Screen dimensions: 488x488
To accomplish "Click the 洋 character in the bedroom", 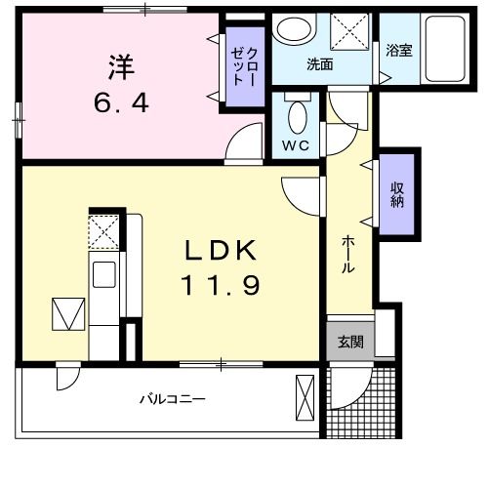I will (x=120, y=68).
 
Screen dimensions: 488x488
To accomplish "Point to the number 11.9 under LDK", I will (x=221, y=286).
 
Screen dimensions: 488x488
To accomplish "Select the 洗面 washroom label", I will (x=320, y=65).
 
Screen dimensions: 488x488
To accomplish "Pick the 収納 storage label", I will (x=398, y=194).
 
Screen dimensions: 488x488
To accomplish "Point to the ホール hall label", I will (x=347, y=256).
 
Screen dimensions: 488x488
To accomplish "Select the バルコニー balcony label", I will (x=171, y=399).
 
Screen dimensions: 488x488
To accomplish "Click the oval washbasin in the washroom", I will (x=290, y=28).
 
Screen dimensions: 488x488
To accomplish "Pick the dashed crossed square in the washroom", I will (x=348, y=31).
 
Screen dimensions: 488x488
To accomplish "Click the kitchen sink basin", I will (x=104, y=273).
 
